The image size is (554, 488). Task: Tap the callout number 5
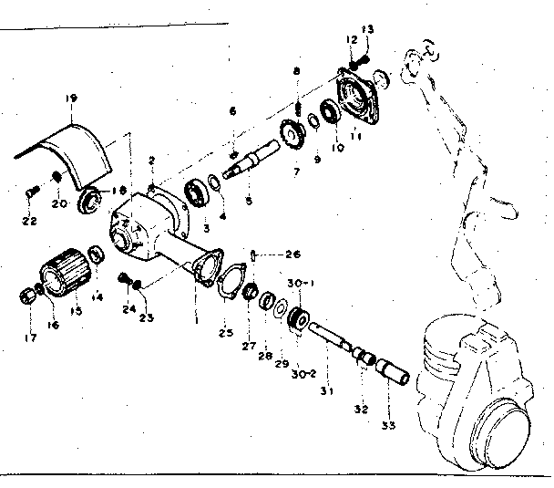tap(249, 200)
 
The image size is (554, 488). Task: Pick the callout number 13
tap(368, 29)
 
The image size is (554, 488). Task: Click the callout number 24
tap(127, 309)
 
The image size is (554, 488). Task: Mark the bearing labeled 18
tap(91, 201)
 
